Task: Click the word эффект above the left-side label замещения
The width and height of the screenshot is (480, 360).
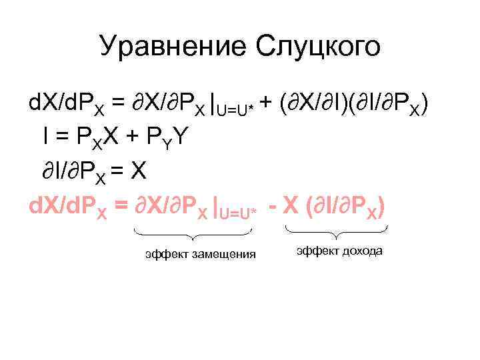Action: (166, 254)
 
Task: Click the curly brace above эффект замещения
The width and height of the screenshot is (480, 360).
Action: (193, 234)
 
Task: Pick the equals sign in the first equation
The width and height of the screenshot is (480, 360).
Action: (118, 103)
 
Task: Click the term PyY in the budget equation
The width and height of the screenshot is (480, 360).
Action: (171, 139)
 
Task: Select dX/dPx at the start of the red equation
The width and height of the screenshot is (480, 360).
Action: (69, 208)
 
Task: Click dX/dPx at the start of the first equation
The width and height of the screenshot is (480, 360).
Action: (69, 104)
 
